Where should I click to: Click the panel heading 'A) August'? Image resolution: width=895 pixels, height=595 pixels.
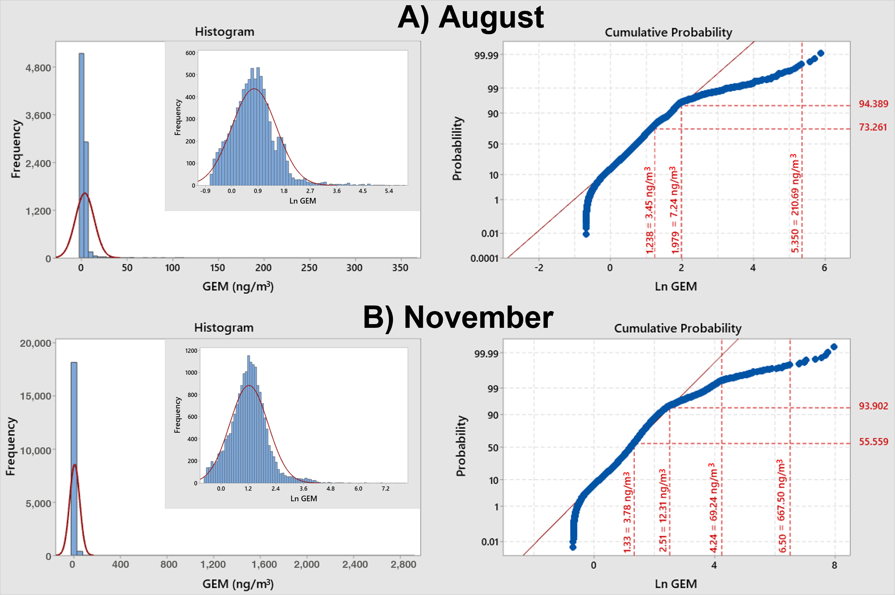point(470,17)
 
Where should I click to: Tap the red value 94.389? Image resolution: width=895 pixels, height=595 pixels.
point(873,104)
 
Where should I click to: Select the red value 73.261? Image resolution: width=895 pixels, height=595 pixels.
point(873,127)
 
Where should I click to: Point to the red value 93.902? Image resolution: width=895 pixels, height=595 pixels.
point(873,406)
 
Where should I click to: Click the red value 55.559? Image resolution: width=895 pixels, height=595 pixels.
point(873,442)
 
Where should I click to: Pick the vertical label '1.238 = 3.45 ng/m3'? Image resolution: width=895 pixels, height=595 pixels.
point(649,210)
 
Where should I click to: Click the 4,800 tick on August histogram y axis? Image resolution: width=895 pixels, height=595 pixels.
point(38,68)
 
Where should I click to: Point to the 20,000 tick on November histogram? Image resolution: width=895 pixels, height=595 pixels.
point(35,343)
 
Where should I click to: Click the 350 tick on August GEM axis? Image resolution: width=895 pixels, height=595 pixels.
point(400,268)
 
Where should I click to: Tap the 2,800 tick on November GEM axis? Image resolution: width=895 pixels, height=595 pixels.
point(403,564)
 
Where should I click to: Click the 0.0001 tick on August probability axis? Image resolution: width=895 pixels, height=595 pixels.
point(484,258)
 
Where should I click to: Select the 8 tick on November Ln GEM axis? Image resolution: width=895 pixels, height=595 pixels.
point(834,565)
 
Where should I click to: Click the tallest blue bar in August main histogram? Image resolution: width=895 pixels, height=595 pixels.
point(81,152)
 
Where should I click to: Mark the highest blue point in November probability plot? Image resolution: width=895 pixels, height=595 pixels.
point(834,347)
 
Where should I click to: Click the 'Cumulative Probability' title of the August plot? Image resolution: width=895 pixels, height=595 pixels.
point(668,33)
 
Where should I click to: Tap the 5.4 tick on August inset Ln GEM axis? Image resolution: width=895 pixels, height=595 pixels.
point(389,191)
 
